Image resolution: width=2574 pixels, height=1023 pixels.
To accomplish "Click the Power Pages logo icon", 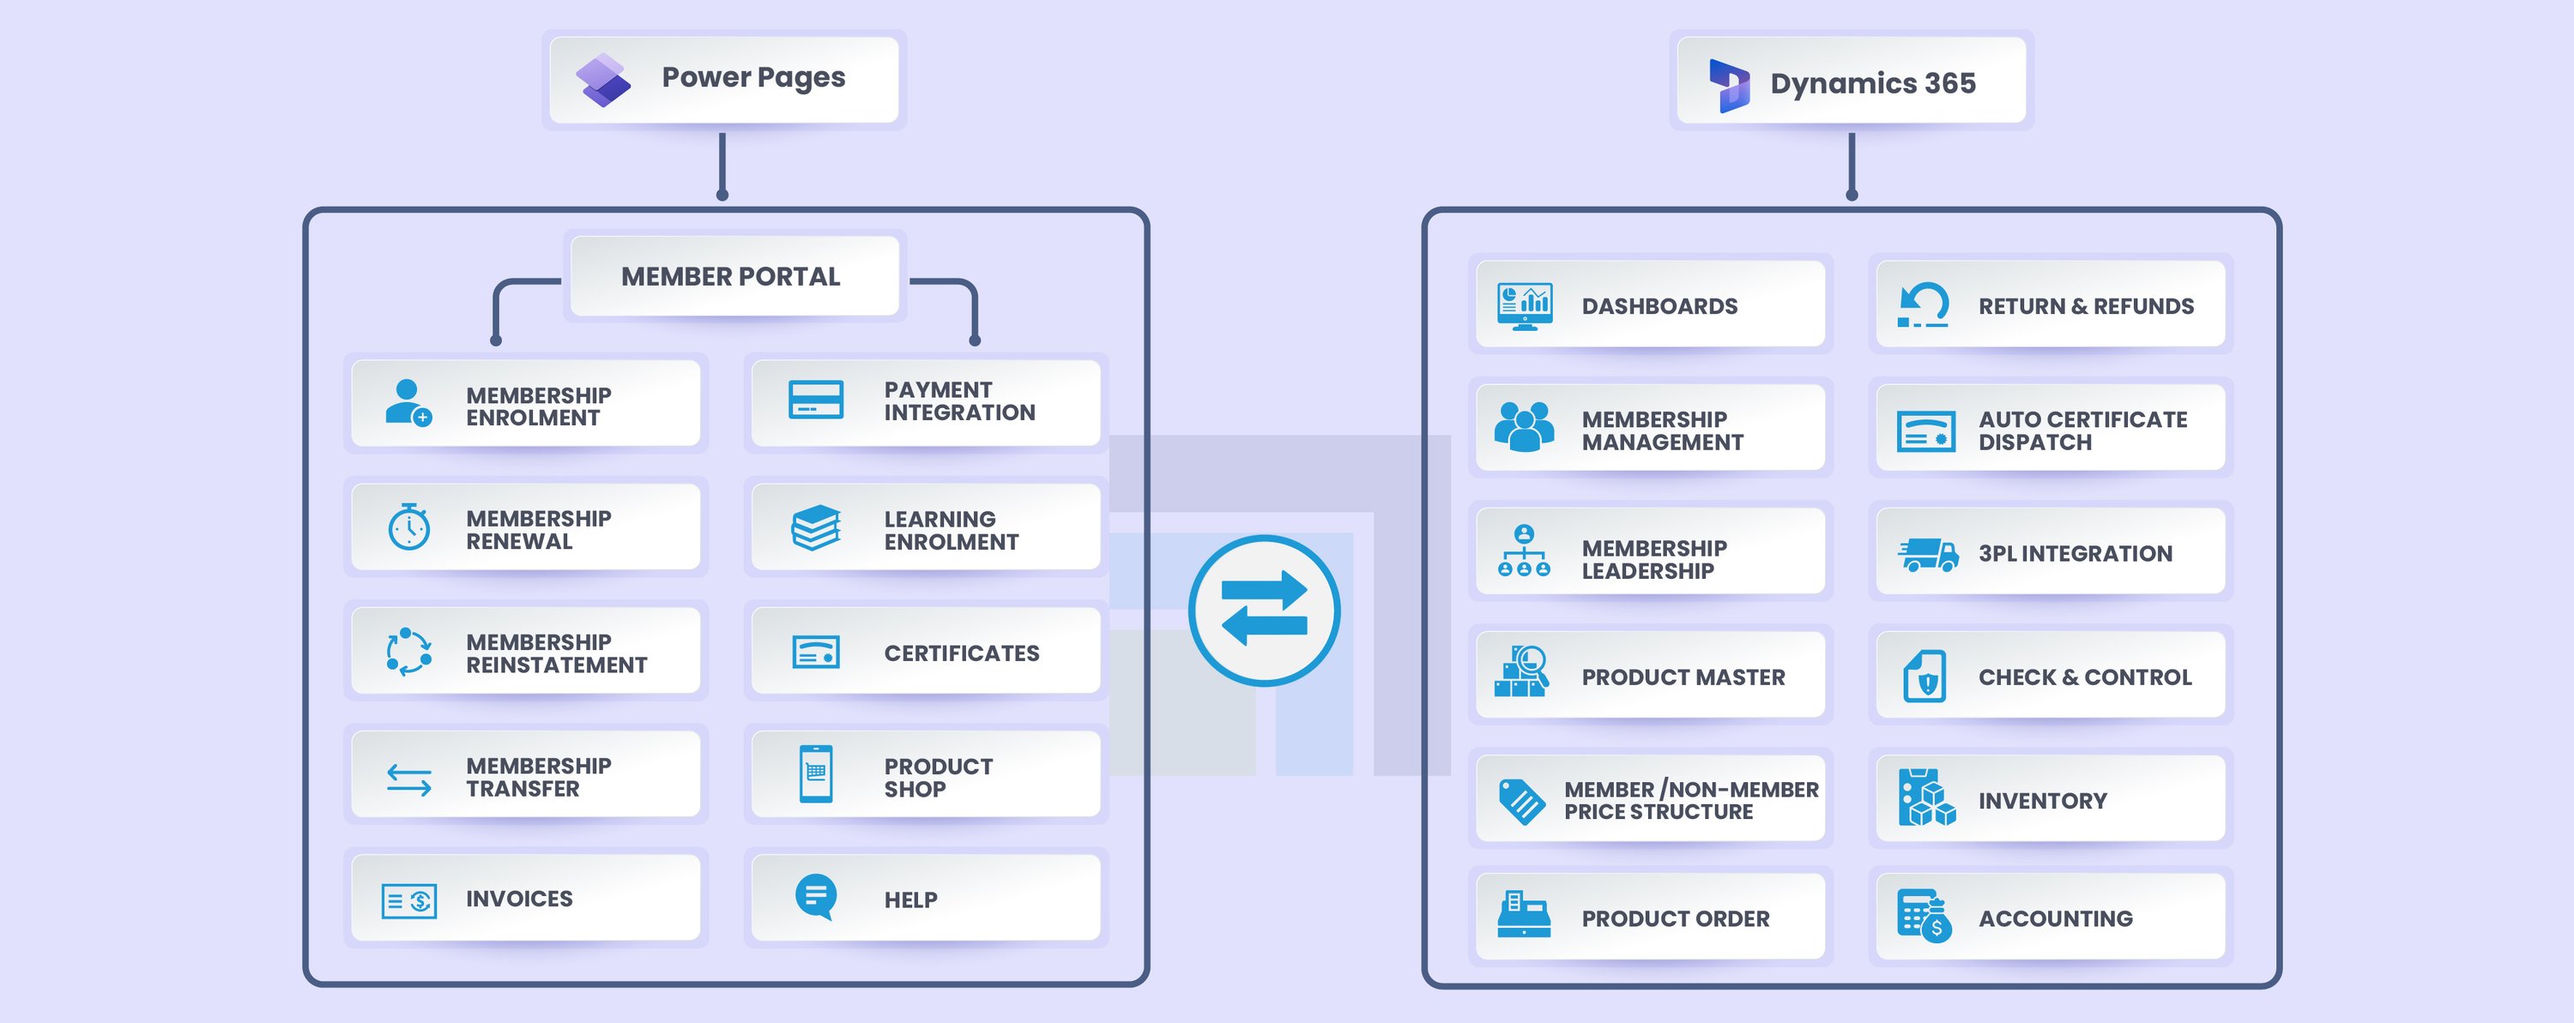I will pyautogui.click(x=602, y=81).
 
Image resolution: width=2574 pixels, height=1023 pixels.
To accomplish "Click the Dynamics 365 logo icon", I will pyautogui.click(x=1729, y=84).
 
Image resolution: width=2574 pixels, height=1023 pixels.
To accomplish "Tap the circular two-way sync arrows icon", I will pyautogui.click(x=1264, y=611).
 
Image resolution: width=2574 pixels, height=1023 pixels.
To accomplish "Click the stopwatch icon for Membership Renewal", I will pyautogui.click(x=408, y=527).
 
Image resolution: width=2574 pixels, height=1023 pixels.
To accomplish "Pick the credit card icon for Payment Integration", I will pyautogui.click(x=815, y=400).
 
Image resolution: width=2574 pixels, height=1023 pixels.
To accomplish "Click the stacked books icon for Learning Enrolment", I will pyautogui.click(x=815, y=527).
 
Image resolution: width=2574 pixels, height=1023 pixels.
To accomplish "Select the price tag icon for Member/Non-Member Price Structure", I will pyautogui.click(x=1522, y=801).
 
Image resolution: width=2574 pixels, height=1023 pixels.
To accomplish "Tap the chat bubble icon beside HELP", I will pyautogui.click(x=815, y=896).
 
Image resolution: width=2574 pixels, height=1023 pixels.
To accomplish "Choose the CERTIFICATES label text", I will pyautogui.click(x=961, y=653).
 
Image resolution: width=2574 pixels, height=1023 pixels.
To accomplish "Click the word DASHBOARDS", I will pyautogui.click(x=1659, y=307).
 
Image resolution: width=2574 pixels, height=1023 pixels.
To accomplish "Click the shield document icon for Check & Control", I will pyautogui.click(x=1925, y=677).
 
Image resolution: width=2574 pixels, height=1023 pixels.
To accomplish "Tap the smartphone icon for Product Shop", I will pyautogui.click(x=815, y=774).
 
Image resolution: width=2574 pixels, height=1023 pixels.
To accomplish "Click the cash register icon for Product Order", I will pyautogui.click(x=1523, y=915).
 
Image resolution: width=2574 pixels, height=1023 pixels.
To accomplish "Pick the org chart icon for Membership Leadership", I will pyautogui.click(x=1523, y=551).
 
